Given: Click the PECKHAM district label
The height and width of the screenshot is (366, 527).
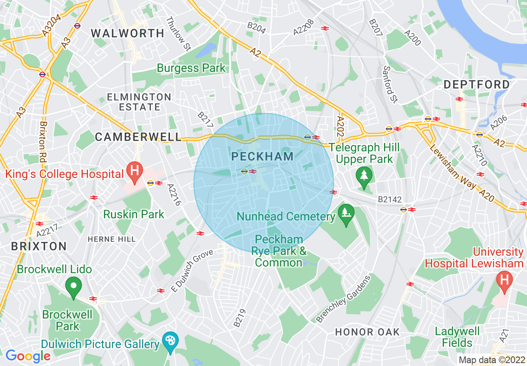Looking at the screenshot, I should point(262,156).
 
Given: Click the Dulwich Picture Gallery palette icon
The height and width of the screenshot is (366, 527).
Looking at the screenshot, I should point(170,341).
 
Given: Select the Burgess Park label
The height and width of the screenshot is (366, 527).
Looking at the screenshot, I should point(191,68).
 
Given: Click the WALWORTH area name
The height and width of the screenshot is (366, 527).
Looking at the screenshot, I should point(128,33).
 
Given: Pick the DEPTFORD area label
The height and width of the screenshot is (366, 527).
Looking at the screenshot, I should point(476,84).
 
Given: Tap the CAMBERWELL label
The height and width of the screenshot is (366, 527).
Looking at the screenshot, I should point(138,137).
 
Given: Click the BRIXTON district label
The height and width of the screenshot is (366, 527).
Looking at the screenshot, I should point(39,246).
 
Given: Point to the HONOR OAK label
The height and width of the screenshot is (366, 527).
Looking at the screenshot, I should point(367,331).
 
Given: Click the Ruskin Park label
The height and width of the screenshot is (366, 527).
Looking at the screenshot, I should point(134,214).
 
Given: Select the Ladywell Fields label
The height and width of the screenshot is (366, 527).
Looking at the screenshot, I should point(457,337).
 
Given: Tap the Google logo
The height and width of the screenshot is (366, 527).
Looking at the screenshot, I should point(27,356).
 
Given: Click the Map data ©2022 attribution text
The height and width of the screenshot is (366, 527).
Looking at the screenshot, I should point(491,360).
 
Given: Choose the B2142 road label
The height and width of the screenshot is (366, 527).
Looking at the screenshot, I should point(389,200).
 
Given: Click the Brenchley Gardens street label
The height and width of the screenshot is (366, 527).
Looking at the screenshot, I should point(343,299).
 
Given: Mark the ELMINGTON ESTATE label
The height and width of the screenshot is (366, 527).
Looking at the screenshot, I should point(139,102).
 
